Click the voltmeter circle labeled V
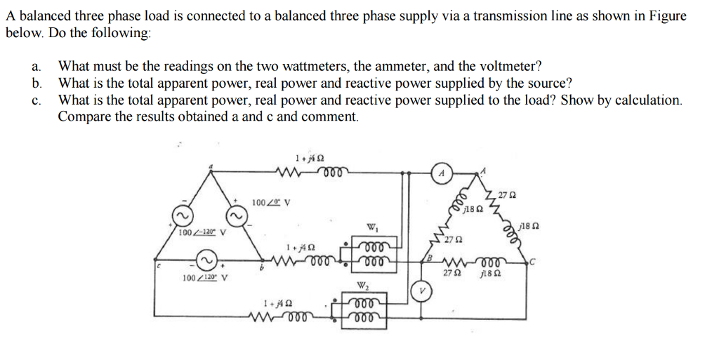pyautogui.click(x=421, y=291)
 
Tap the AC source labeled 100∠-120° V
pyautogui.click(x=180, y=215)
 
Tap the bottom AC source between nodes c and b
pyautogui.click(x=206, y=262)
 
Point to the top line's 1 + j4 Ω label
pyautogui.click(x=309, y=157)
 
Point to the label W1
pyautogui.click(x=371, y=227)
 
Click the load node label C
pyautogui.click(x=534, y=263)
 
